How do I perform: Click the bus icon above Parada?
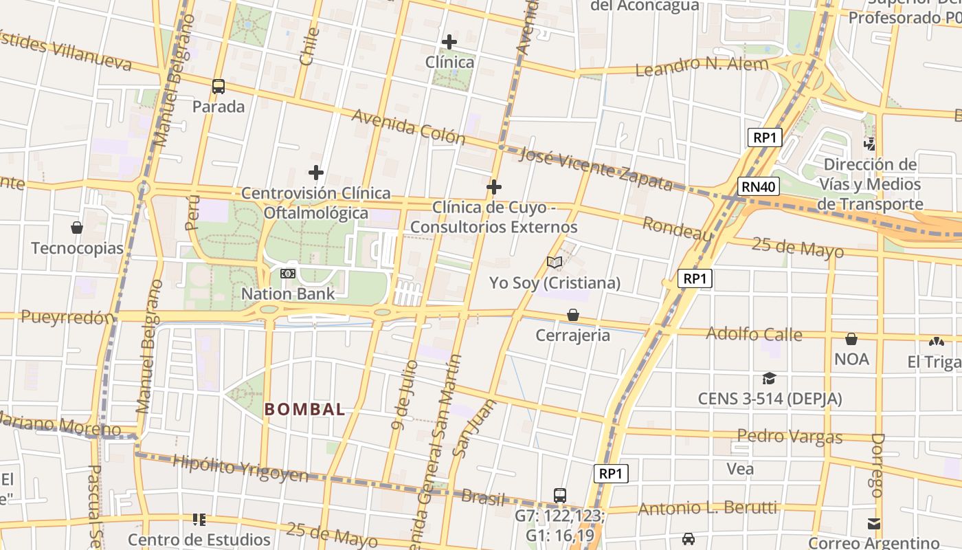[x=219, y=87]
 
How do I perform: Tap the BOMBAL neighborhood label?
[x=305, y=409]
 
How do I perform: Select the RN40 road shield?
[x=759, y=186]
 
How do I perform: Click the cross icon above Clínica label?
[x=449, y=42]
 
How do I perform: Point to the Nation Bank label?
[x=288, y=294]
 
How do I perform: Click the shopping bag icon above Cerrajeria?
[x=573, y=315]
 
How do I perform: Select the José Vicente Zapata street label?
[x=595, y=168]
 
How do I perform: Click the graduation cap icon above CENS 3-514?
[x=769, y=379]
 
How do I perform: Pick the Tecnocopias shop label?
[x=77, y=248]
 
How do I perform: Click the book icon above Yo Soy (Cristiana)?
[x=555, y=262]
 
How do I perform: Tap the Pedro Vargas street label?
[x=790, y=436]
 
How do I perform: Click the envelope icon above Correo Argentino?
[x=873, y=524]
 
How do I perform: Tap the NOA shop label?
[x=851, y=359]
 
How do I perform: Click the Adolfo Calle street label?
[x=754, y=334]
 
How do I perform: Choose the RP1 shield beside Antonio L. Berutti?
[x=611, y=473]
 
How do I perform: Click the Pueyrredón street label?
[x=67, y=317]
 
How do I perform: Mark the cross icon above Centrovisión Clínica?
[x=316, y=172]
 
